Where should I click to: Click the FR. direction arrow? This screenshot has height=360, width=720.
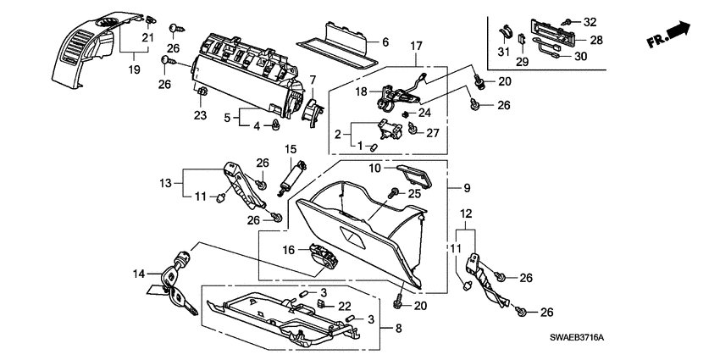(x=667, y=36)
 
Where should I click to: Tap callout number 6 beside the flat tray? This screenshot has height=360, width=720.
(x=385, y=42)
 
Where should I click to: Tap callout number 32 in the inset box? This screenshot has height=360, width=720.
(x=590, y=21)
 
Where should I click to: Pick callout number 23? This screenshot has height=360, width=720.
(x=201, y=116)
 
